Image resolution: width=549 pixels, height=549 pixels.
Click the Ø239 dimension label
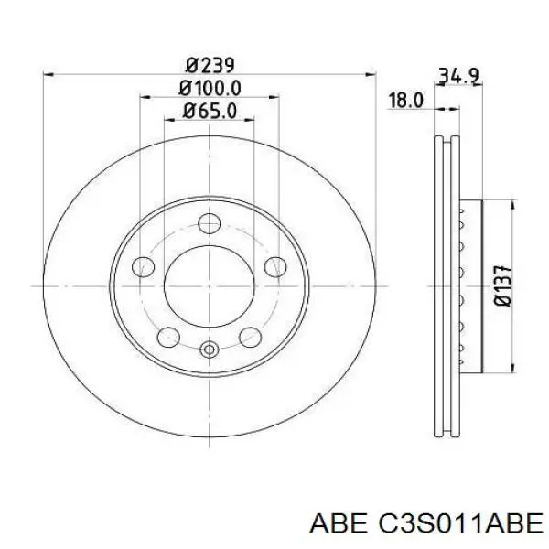[210, 66]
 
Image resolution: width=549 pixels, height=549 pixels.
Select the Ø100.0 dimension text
[210, 88]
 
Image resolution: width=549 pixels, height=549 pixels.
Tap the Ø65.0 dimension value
[210, 112]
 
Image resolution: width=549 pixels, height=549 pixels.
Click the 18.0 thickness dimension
[405, 100]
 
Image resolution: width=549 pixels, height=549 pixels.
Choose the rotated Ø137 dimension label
[503, 286]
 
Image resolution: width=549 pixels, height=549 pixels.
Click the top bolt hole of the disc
[209, 223]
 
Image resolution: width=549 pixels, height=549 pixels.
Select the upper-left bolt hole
[144, 267]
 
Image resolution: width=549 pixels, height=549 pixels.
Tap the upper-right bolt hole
[275, 267]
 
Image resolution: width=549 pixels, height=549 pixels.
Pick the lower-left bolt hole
[168, 337]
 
